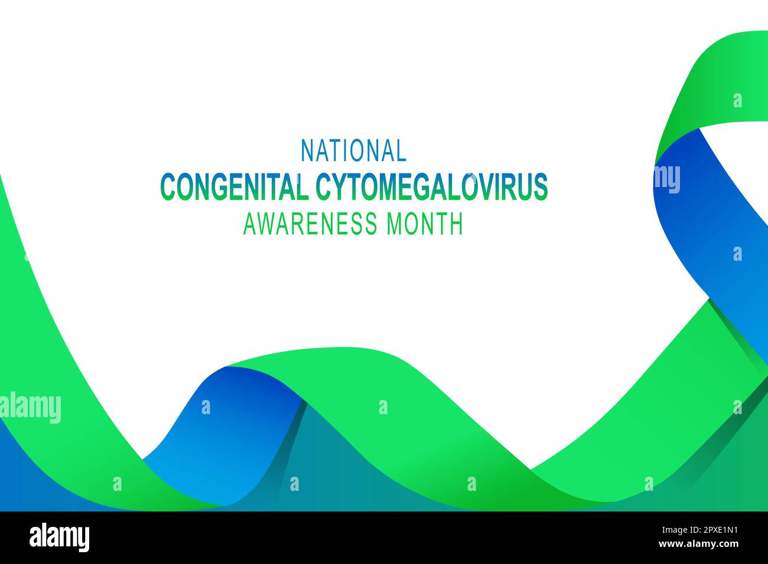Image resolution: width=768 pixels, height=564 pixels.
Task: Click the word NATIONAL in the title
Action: click(x=353, y=150)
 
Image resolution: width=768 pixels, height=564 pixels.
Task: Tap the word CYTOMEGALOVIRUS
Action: click(x=432, y=187)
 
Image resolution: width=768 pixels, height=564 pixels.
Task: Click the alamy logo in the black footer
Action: click(x=60, y=537)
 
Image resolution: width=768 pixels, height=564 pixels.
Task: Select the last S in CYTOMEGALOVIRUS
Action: click(x=541, y=187)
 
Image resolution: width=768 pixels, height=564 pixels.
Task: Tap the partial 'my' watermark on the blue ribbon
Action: click(x=667, y=179)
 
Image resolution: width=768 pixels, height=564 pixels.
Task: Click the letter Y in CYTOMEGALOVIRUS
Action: click(x=337, y=187)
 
